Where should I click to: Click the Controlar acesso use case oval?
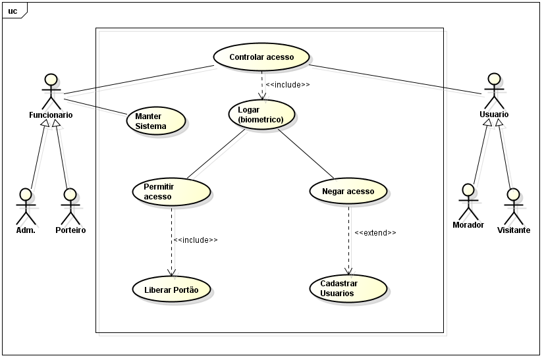tap(261, 57)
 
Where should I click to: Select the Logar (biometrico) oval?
tap(261, 115)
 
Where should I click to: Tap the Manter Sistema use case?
tap(156, 121)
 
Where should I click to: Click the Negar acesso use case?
tap(348, 192)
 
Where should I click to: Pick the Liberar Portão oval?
tap(171, 289)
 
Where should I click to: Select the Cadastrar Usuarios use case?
tap(348, 288)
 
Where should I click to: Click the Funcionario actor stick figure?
tap(51, 91)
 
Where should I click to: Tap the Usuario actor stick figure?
tap(494, 91)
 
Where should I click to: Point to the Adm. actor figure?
tap(26, 207)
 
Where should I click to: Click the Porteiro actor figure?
tap(70, 207)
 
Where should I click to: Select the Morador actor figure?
tap(468, 201)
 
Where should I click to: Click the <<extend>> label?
tap(375, 233)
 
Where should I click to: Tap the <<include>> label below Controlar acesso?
tap(288, 84)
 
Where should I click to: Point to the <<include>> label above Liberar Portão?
tap(196, 240)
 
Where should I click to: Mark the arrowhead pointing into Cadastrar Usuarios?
tap(348, 272)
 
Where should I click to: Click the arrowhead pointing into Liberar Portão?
tap(171, 272)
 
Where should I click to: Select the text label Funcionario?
tap(51, 115)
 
